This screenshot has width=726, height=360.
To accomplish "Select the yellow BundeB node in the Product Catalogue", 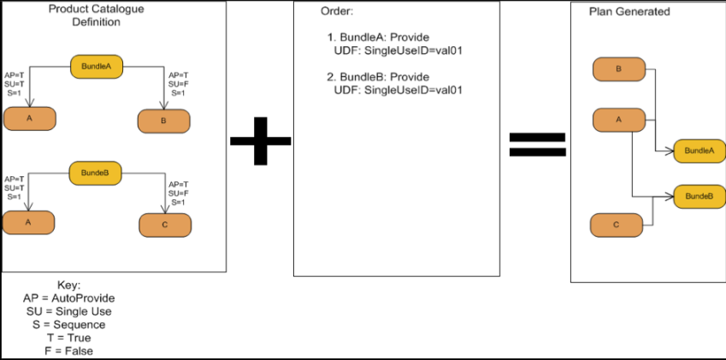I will [95, 173].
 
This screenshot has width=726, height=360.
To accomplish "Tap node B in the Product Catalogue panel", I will [164, 121].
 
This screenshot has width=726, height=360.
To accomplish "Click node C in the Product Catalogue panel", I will [165, 225].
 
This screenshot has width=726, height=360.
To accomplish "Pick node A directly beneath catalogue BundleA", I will [29, 119].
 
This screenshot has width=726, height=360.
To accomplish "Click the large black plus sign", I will [261, 139].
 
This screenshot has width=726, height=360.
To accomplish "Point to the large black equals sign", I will [537, 144].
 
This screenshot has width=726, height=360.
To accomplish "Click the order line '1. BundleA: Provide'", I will [377, 38].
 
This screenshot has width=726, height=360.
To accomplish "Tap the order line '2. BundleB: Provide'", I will [377, 76].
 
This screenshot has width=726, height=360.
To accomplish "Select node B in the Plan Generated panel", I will [618, 69].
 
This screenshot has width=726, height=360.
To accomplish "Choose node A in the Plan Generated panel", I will [618, 120].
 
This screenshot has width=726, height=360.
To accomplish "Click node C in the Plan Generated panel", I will [617, 226].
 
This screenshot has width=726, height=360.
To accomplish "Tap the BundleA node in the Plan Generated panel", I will [699, 150].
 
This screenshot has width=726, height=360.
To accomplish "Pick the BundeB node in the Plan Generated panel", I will [699, 196].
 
